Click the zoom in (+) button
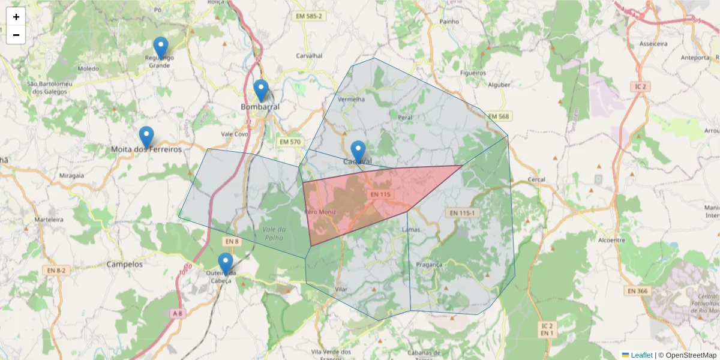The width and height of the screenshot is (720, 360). click(16, 17)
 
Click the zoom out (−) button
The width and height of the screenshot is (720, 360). click(16, 35)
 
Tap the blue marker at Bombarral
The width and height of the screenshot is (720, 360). click(260, 91)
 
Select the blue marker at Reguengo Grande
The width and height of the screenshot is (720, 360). click(160, 48)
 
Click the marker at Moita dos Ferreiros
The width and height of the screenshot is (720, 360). click(146, 137)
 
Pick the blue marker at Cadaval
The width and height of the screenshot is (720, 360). click(358, 152)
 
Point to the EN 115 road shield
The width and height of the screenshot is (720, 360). click(380, 194)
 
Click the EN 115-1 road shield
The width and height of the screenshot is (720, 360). click(461, 213)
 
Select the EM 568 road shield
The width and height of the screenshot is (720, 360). click(498, 116)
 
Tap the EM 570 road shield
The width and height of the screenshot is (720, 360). click(290, 142)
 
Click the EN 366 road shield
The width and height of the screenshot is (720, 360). click(637, 291)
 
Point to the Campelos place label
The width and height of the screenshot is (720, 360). click(124, 264)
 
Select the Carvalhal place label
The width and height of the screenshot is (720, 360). click(309, 56)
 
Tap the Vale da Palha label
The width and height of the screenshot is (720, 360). click(277, 234)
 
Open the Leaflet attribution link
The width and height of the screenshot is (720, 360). click(641, 355)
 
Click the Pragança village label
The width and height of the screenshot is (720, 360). click(428, 264)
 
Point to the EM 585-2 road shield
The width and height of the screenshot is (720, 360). click(309, 16)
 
